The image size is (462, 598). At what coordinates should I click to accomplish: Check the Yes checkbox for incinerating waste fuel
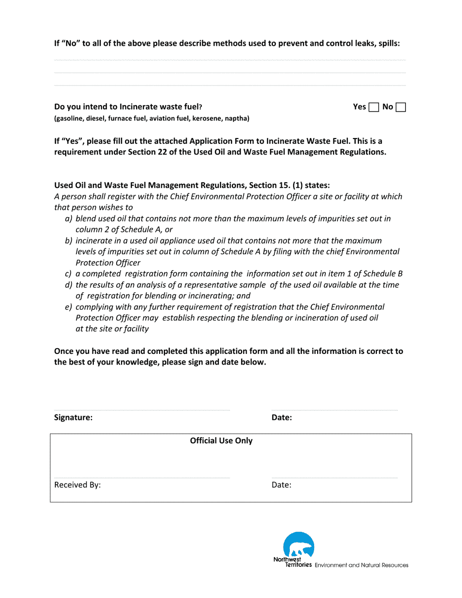click(374, 107)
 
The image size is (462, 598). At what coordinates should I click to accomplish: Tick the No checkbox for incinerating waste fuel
click(401, 107)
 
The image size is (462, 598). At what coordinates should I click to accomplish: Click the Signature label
click(73, 417)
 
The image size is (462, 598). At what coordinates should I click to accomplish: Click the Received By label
click(77, 485)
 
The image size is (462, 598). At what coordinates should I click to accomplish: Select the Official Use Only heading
click(221, 441)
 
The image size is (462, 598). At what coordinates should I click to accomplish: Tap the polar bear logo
click(299, 545)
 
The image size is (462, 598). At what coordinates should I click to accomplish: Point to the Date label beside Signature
click(282, 417)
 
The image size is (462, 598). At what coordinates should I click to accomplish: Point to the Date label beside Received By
click(281, 485)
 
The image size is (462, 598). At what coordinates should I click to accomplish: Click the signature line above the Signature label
click(142, 410)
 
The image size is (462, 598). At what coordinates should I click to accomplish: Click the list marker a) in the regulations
click(69, 219)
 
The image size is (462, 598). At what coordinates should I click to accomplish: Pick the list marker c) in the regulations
click(69, 274)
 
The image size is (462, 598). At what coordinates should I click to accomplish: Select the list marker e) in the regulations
click(69, 307)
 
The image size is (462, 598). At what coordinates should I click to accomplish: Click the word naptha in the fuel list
click(236, 119)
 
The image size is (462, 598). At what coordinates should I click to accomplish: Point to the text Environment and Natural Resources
click(361, 565)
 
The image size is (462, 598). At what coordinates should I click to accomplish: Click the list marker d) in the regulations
click(69, 285)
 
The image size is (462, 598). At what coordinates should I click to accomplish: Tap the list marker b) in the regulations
click(69, 241)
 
